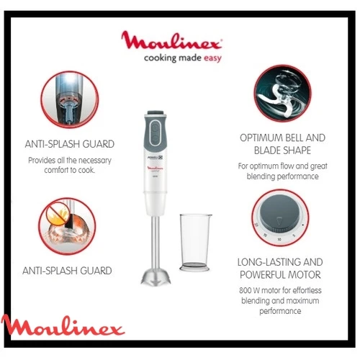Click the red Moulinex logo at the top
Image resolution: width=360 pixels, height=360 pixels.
click(x=171, y=40)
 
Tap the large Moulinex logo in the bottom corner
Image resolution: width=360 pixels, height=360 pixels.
click(x=63, y=325)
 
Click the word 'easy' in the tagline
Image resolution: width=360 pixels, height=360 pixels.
click(x=212, y=58)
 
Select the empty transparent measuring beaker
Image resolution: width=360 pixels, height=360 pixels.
click(x=195, y=243)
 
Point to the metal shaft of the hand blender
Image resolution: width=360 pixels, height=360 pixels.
click(x=156, y=242)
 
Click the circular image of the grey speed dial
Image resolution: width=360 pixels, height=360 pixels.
click(x=280, y=217)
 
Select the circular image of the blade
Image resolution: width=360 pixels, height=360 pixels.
click(x=282, y=93)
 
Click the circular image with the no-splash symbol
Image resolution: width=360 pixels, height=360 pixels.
click(x=67, y=226)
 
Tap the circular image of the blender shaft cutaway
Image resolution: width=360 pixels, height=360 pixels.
click(x=69, y=99)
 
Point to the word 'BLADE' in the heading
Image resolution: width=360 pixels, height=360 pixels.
click(x=267, y=150)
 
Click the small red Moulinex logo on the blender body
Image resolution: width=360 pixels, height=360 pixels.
click(x=155, y=168)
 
